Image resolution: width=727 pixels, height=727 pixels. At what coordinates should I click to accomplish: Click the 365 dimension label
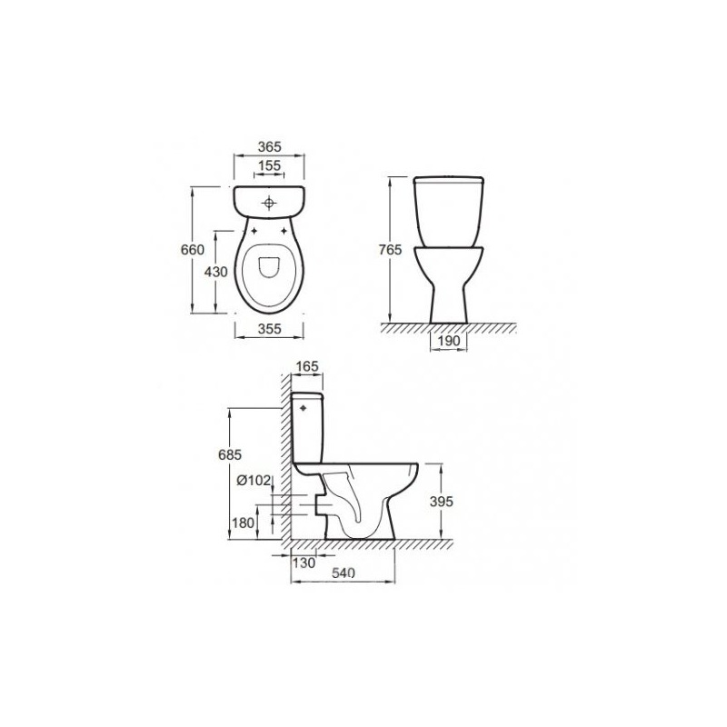point(269,146)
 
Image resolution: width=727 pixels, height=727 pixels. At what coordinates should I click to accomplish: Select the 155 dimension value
point(269,165)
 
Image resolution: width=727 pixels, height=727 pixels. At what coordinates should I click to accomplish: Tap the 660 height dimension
point(193,250)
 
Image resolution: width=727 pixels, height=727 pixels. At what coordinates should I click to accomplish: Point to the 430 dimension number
point(216,272)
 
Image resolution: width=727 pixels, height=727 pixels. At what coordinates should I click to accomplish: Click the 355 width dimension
point(269,328)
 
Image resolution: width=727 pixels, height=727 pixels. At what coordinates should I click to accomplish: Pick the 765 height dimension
point(390,250)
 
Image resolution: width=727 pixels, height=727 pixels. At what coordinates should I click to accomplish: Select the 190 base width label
point(449,341)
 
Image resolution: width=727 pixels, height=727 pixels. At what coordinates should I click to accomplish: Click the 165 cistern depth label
point(307,366)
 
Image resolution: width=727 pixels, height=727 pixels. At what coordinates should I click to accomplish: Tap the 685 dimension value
point(230,455)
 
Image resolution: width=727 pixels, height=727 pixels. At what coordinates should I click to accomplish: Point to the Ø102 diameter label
point(254,481)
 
